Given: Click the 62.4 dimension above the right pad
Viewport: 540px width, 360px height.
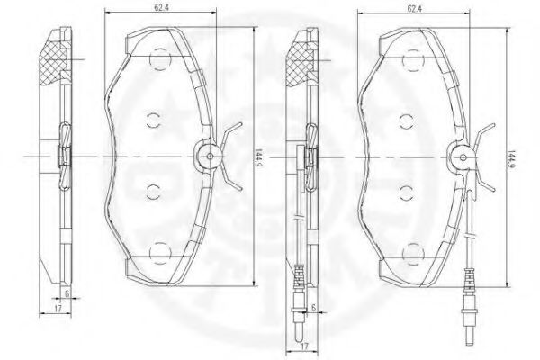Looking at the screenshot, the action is pos(415,9).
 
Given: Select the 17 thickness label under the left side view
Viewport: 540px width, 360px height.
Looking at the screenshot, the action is pos(58,309).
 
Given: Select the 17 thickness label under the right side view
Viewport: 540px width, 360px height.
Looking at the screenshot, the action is pos(304,346).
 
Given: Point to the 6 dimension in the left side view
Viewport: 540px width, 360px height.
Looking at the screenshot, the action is pos(67,293).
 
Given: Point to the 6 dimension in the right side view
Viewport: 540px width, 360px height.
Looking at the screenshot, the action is pos(313,307).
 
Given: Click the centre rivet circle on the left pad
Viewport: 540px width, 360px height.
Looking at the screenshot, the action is pos(210,156).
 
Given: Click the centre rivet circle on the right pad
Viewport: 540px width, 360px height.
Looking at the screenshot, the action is pos(463,157).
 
